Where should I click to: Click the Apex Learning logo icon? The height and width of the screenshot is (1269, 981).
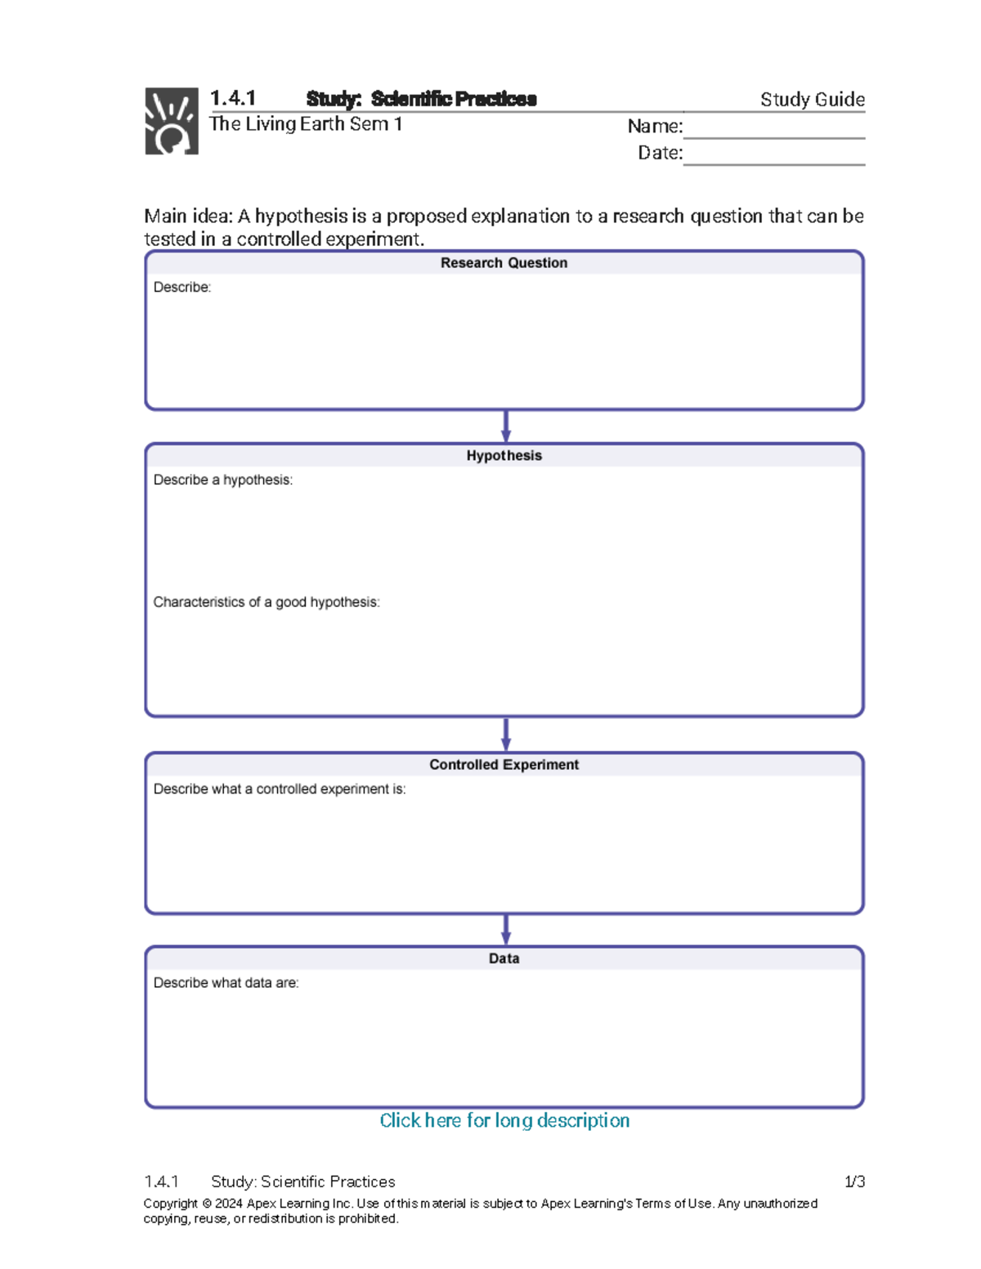[171, 121]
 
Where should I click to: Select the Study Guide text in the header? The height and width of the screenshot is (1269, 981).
[812, 100]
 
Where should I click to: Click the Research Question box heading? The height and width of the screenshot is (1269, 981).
[504, 263]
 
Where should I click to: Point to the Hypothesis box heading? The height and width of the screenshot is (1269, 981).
[504, 456]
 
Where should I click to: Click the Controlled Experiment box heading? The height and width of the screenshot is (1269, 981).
[504, 765]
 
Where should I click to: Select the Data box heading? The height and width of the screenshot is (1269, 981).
[504, 958]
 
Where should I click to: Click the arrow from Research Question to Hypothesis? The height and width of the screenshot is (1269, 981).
[506, 426]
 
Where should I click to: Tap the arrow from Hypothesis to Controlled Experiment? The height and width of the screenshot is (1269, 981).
[506, 734]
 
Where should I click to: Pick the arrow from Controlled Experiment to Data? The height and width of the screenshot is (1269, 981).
[506, 929]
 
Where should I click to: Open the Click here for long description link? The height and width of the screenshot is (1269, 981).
[504, 1120]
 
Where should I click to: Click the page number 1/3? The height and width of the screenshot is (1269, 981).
[854, 1182]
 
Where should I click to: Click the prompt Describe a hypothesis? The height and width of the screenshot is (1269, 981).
[222, 480]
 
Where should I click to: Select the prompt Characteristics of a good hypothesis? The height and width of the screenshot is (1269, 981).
[267, 602]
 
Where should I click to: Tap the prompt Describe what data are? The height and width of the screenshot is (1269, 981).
[226, 983]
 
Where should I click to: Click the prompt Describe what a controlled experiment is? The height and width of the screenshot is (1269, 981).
[280, 789]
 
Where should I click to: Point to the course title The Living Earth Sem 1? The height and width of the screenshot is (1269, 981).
[306, 124]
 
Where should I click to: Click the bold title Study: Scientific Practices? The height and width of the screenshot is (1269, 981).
[421, 99]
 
